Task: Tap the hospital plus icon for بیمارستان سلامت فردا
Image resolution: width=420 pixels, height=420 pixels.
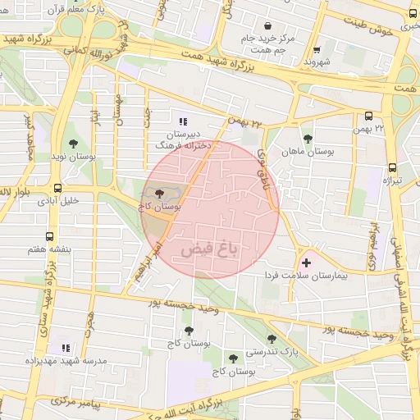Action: pyautogui.click(x=307, y=263)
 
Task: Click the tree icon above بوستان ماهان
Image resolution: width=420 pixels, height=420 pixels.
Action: pyautogui.click(x=308, y=139)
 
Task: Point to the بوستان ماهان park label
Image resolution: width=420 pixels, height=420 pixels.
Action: pyautogui.click(x=305, y=152)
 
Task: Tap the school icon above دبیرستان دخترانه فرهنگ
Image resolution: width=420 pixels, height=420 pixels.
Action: pyautogui.click(x=182, y=120)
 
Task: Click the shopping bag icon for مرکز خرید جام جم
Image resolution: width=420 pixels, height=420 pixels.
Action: pyautogui.click(x=269, y=25)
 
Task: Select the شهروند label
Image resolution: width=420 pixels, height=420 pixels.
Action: pyautogui.click(x=316, y=62)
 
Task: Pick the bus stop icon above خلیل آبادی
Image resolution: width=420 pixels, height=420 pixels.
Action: pyautogui.click(x=57, y=188)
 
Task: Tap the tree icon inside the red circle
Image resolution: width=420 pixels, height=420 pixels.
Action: pyautogui.click(x=158, y=194)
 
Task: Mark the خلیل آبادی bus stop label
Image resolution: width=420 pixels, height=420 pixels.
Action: pyautogui.click(x=58, y=200)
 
